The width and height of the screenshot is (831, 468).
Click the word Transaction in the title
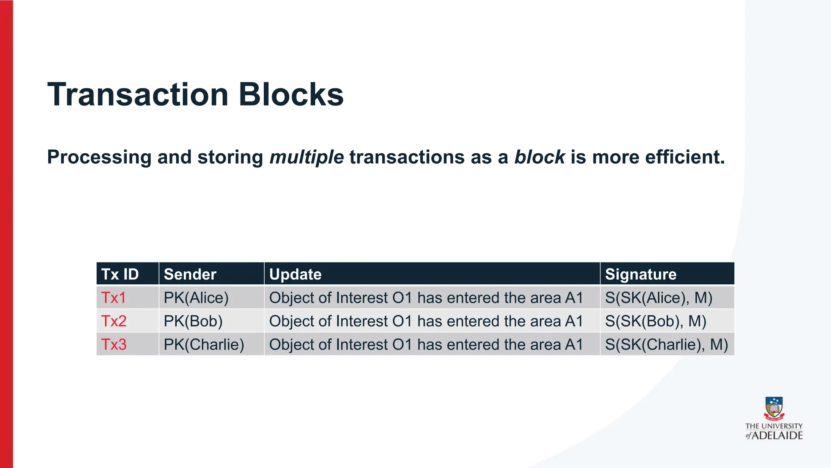pos(138,94)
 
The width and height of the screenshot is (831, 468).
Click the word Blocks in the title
pos(291,94)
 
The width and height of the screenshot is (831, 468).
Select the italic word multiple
pos(307,157)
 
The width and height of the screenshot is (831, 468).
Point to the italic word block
pos(539,157)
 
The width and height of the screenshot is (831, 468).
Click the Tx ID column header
pos(120,274)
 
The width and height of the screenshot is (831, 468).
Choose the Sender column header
pos(190,274)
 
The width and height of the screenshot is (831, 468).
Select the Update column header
pos(295,274)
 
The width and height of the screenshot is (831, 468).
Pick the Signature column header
pos(641,274)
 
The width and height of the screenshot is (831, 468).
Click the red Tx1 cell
pos(114,298)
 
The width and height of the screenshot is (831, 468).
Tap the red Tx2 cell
pos(114,321)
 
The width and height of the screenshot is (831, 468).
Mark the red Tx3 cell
pos(114,344)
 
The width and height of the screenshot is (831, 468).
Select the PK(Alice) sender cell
pos(196,298)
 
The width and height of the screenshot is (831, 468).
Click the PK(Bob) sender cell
pos(193,321)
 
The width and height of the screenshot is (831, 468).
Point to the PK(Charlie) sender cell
pos(204,344)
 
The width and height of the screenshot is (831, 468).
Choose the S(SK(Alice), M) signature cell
pos(659,298)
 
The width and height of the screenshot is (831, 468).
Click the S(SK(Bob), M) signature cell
pos(656,321)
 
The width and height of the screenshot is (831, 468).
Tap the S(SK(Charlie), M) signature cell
pos(666,344)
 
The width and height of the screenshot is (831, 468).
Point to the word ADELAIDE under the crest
pos(777,436)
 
